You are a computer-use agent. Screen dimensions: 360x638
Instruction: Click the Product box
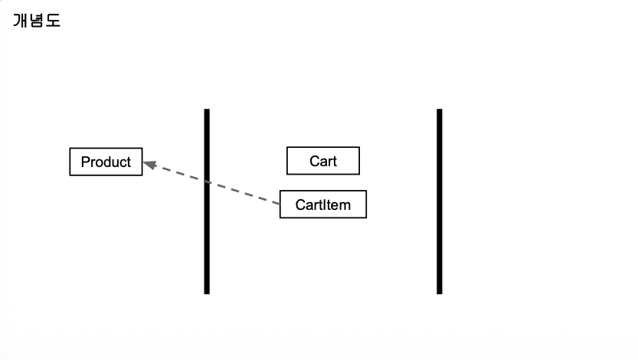tap(106, 162)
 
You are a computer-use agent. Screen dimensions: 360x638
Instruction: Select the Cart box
tap(322, 161)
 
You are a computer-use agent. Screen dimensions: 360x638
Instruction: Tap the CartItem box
tap(322, 205)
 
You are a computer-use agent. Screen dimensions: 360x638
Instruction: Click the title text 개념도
tap(37, 21)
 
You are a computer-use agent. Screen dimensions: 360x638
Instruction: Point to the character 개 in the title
tap(21, 21)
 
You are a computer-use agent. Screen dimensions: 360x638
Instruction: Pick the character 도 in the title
tap(53, 21)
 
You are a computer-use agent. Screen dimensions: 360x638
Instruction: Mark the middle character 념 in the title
tap(37, 21)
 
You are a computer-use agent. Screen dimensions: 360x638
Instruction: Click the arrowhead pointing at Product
tap(149, 163)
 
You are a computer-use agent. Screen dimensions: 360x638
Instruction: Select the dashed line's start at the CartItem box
tap(279, 203)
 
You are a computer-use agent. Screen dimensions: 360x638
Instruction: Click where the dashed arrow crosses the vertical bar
tap(207, 182)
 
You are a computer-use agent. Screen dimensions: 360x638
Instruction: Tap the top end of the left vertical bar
tap(207, 111)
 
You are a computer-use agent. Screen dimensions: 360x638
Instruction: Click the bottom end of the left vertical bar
tap(207, 292)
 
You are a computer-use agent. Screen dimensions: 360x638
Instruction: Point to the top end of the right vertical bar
tap(440, 111)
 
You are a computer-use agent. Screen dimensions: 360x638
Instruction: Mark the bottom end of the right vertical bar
tap(440, 292)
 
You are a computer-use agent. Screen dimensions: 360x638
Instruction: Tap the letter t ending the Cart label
tap(334, 161)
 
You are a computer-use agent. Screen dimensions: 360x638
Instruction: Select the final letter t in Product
tap(129, 162)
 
